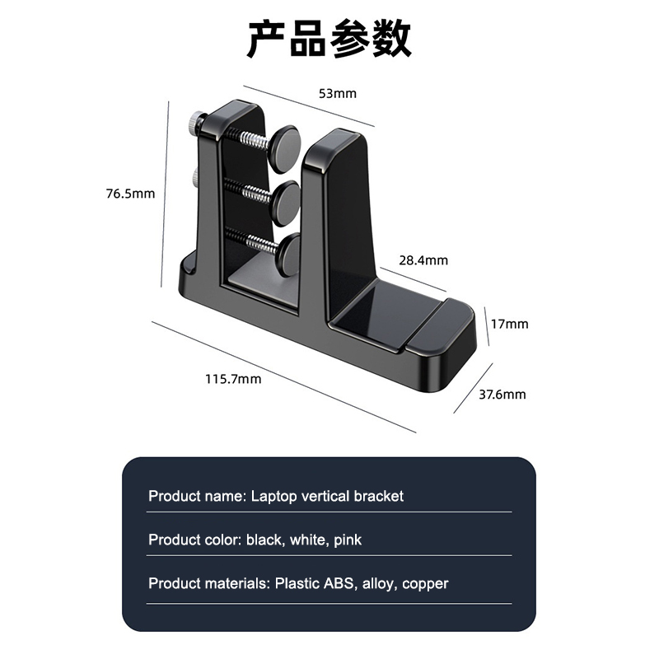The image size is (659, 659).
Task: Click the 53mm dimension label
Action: pos(338,93)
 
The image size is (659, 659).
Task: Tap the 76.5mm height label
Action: pos(130,194)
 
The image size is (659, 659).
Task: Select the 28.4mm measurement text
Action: pos(425,260)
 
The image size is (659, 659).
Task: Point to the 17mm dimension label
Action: pos(509,324)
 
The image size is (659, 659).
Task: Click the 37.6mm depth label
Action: pos(502,395)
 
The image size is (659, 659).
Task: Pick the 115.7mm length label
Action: pos(233,379)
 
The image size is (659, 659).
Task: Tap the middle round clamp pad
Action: pos(286,198)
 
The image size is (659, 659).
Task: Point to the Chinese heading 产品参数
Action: pos(329,39)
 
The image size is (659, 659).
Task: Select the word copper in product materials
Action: pos(426,584)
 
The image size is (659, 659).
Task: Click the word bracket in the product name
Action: pos(379,496)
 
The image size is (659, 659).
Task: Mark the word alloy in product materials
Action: pos(380,584)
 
